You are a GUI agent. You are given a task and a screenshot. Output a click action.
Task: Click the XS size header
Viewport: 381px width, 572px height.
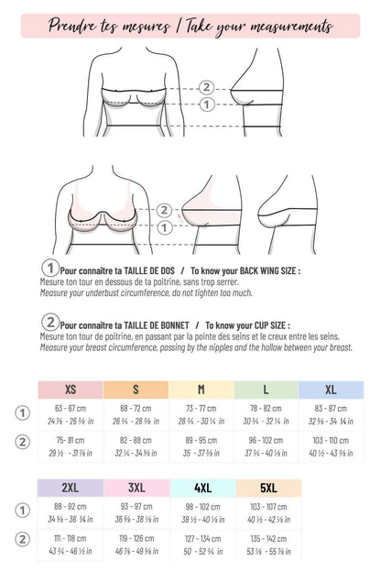point(70,390)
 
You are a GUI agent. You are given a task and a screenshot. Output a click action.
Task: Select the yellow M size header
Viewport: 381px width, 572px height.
point(201,390)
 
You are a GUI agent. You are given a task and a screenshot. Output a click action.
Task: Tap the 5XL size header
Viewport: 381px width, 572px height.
point(267,488)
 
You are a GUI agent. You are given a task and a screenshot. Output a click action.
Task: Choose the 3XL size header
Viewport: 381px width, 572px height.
point(136,488)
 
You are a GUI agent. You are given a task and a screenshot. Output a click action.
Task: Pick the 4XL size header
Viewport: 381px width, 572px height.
point(201,488)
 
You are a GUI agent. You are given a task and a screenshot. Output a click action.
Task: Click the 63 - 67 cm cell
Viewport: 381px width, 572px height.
point(70,408)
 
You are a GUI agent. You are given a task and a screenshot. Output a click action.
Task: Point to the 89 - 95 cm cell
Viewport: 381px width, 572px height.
point(201,440)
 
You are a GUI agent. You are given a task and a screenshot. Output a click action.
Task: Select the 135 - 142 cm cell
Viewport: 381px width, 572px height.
point(267,539)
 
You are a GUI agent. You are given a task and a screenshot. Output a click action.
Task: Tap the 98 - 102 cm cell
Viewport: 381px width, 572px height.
point(201,506)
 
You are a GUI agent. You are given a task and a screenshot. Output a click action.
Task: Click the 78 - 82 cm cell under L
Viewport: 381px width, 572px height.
point(266,408)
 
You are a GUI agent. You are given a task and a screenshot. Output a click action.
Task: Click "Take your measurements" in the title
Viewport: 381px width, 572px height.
point(260,26)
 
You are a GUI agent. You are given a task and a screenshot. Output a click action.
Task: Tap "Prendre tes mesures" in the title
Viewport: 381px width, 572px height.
point(104,26)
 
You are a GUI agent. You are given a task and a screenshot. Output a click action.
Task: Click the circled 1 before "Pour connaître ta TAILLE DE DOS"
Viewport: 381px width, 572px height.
point(49,268)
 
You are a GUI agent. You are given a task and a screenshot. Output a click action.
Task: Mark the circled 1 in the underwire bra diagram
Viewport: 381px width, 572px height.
point(165,226)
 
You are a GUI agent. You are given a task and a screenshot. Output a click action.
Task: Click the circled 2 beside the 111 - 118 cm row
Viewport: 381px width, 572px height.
point(23,538)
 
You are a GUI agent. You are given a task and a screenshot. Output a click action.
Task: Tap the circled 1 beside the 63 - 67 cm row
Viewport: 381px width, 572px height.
point(23,412)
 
